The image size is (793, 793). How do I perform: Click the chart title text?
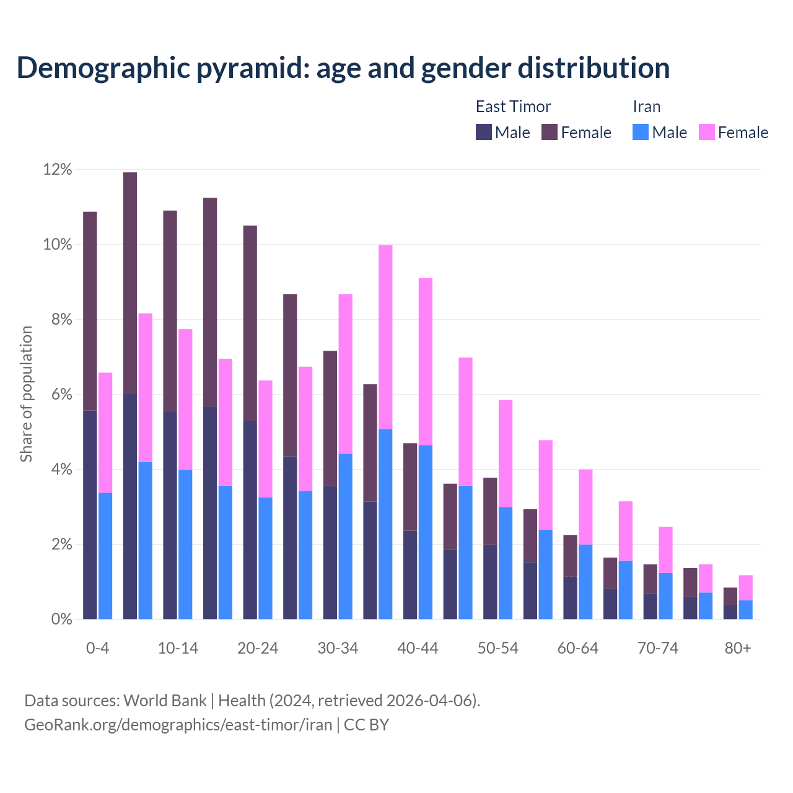point(343,68)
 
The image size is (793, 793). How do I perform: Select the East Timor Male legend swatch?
point(483,132)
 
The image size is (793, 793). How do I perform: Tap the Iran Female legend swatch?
point(706,132)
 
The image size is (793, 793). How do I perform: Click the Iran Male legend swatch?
point(641,132)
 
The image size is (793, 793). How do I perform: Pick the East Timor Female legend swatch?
point(550,132)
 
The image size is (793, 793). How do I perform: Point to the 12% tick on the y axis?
point(57,170)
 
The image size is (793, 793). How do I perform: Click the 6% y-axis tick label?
point(57,395)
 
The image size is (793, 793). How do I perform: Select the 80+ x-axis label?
point(738,648)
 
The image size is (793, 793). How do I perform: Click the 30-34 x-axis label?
point(338,648)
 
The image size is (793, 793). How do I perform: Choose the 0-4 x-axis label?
point(97,648)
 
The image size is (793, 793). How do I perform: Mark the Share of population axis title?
point(26,394)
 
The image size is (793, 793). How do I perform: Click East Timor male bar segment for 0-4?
point(90,514)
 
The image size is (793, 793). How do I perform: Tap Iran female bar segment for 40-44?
point(426,361)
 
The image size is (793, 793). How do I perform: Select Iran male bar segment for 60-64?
point(585,582)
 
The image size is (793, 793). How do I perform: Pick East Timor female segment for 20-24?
point(250,323)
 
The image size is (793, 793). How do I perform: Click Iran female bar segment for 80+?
point(745,587)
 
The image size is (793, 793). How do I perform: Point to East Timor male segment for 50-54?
point(490,582)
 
